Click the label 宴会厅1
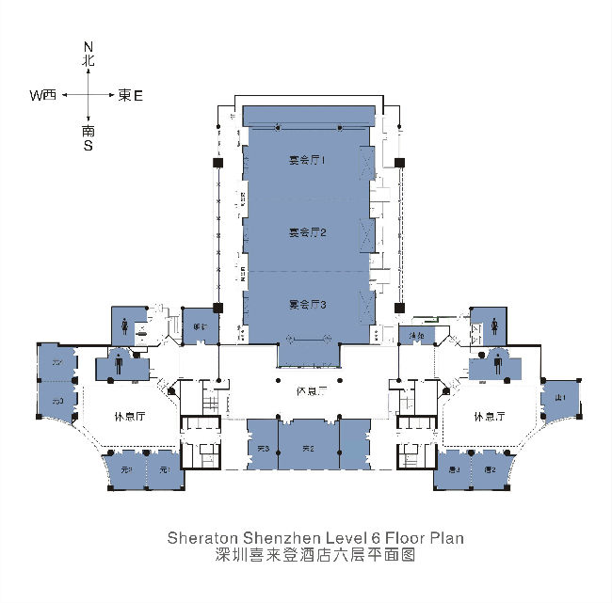307,161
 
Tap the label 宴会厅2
307,232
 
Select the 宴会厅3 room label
307,305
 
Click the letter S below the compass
88,146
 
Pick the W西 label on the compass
43,95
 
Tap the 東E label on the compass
130,95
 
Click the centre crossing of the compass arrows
89,95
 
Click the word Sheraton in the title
201,539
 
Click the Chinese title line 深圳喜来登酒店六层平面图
315,555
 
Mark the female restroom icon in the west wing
127,324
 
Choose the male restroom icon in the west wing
121,359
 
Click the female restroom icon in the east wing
495,324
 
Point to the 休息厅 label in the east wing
491,417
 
